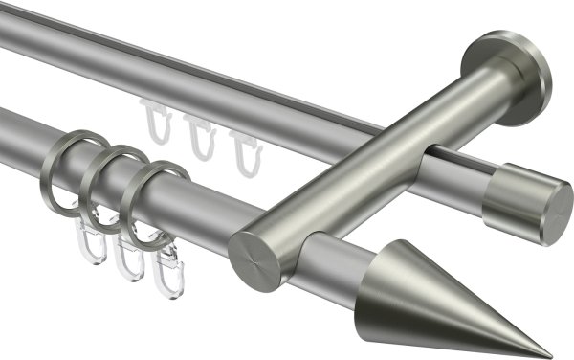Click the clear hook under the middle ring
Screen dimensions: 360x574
129,259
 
